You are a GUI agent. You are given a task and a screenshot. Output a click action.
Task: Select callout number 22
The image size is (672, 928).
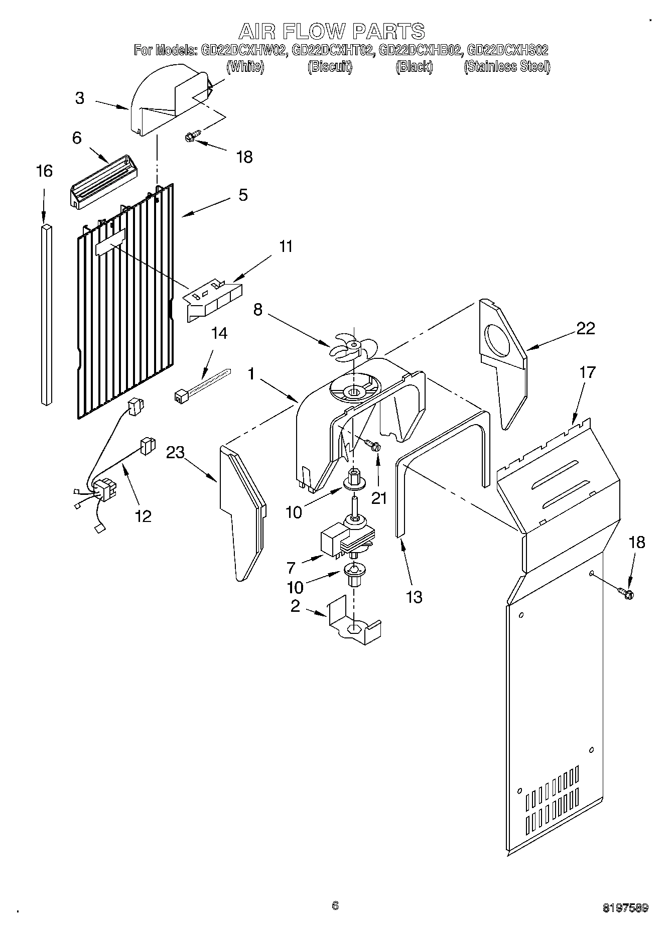tap(585, 328)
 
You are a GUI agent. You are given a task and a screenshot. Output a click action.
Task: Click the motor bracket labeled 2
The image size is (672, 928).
tap(353, 624)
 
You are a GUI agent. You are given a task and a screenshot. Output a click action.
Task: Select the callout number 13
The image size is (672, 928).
tap(414, 597)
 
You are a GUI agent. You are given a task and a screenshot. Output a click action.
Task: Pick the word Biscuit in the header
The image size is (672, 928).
tap(330, 66)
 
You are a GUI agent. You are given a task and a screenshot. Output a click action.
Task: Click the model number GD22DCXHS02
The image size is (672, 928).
tap(507, 50)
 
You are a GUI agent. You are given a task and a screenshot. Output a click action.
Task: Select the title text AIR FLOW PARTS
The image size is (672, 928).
tap(332, 31)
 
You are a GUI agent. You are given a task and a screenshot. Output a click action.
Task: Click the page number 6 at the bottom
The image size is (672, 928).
tap(335, 905)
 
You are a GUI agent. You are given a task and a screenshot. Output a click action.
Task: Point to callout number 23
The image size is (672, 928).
tap(176, 453)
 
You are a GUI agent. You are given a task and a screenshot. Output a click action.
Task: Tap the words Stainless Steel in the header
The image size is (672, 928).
tap(507, 66)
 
